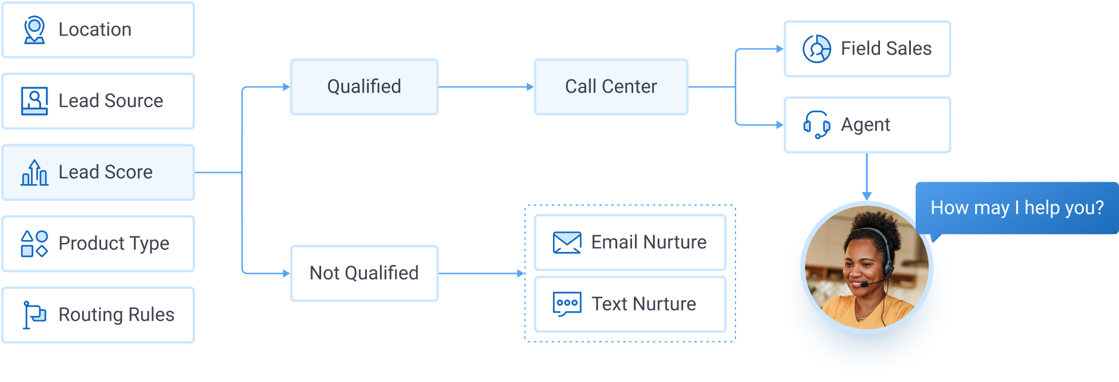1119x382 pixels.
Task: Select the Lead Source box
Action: click(98, 101)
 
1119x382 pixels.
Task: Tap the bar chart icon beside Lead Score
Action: click(34, 172)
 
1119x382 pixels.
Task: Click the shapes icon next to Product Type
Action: click(34, 244)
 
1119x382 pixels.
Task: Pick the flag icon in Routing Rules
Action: click(34, 314)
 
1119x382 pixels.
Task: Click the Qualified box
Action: click(364, 87)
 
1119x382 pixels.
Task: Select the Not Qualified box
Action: click(364, 273)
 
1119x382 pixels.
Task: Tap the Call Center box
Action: click(611, 87)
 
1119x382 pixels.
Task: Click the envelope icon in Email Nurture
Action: click(567, 242)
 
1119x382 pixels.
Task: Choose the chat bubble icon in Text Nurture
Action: click(567, 304)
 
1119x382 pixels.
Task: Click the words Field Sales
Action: click(886, 49)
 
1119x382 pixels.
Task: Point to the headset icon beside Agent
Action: click(816, 125)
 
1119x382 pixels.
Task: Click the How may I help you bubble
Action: click(1017, 208)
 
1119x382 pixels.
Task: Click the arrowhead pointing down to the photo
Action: click(867, 196)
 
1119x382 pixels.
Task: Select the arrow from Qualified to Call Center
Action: click(485, 87)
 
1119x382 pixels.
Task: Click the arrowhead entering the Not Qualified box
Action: click(287, 273)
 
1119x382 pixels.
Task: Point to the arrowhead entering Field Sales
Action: click(780, 49)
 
